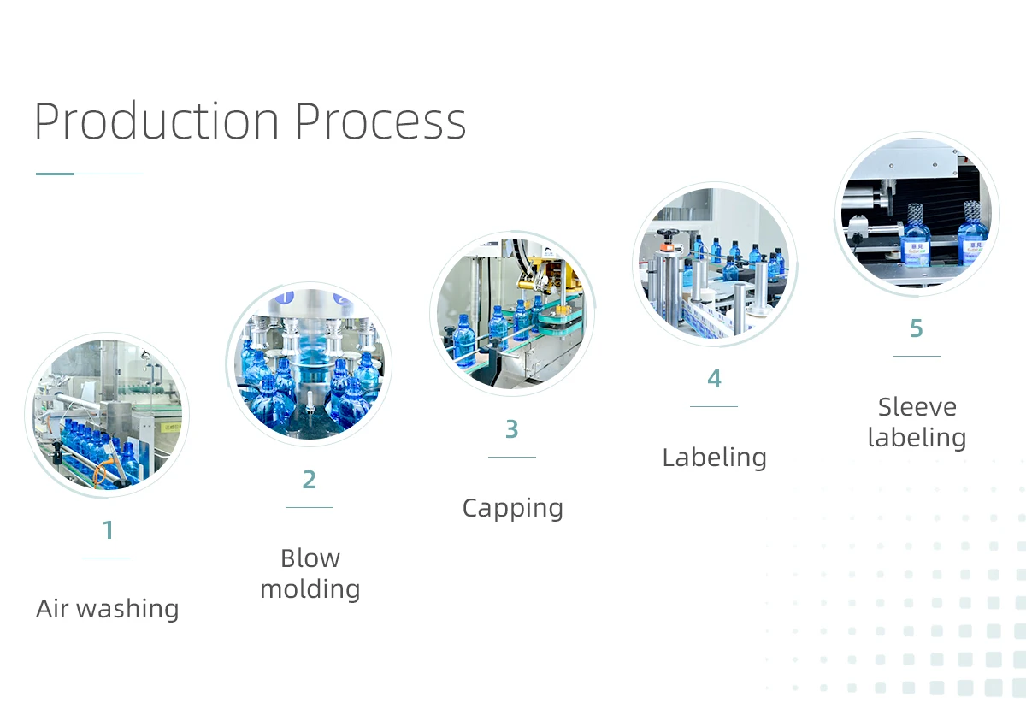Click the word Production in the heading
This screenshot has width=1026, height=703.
pos(156,121)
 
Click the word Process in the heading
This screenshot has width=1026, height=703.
pos(380,121)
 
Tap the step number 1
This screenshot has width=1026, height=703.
pos(108,530)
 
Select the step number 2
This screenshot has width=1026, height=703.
pos(310,480)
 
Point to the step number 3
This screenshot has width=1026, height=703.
pos(511,429)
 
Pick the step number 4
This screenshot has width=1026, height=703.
pos(714,379)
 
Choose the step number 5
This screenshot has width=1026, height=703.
pos(917,328)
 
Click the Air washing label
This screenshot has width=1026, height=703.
pos(108,609)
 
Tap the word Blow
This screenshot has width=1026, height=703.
pos(310,558)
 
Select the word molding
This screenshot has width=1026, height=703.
pos(310,589)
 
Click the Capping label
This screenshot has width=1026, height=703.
pos(512,508)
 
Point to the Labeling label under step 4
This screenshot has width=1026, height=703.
pos(714,458)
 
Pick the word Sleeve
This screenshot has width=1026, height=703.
pos(917,407)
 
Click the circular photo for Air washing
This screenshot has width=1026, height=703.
pos(108,414)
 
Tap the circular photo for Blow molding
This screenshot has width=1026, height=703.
pos(310,363)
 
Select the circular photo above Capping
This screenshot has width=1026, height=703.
pos(511,313)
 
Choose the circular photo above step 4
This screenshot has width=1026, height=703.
pos(714,263)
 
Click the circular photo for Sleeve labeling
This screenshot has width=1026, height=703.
pos(917,213)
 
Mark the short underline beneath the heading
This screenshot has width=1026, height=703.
pos(89,174)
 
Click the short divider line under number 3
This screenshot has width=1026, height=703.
pos(511,458)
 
